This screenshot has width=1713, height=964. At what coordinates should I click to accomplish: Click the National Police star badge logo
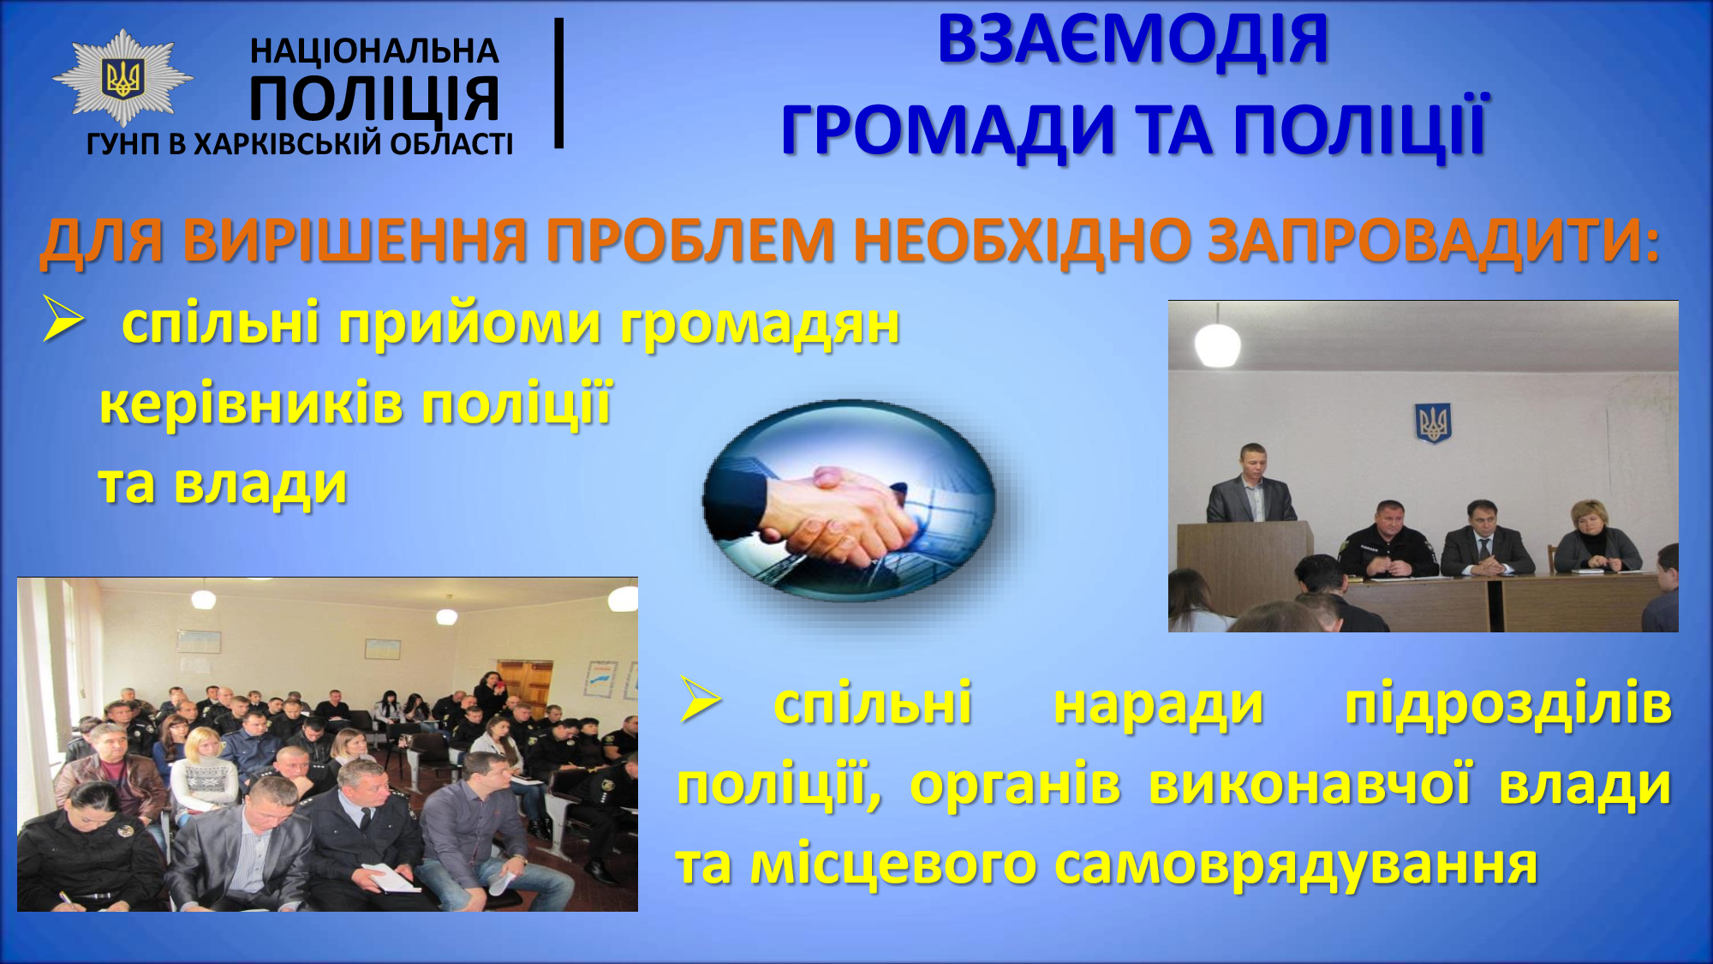point(123,79)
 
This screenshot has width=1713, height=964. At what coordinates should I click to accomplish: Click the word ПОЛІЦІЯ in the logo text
point(374,99)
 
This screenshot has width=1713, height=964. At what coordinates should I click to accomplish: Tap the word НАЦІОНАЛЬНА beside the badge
point(374,51)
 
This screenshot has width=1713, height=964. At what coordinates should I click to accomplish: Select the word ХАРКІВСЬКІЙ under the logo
point(288,143)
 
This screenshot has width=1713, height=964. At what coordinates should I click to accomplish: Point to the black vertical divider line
point(559,83)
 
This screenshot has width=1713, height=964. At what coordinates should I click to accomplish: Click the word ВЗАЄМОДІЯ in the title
point(1132,39)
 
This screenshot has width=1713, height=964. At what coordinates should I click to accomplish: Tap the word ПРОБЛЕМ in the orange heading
point(690,240)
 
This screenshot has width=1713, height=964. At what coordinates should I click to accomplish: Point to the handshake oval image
point(849,501)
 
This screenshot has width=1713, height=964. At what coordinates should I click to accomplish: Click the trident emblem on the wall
point(1432,422)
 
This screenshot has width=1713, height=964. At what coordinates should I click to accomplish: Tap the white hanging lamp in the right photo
point(1217,343)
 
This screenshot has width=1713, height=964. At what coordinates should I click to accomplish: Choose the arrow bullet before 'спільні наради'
point(701,699)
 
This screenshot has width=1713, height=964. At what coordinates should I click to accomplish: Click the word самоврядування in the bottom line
point(1296,865)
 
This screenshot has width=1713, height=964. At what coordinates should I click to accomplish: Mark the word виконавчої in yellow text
point(1310,784)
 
